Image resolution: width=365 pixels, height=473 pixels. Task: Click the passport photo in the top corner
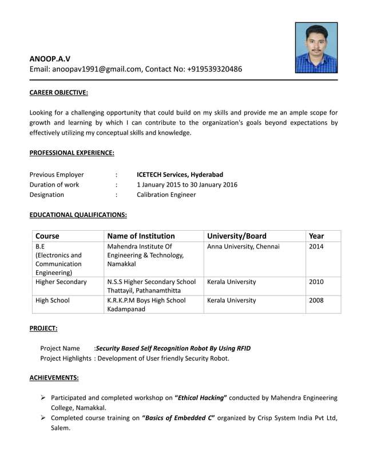point(316,48)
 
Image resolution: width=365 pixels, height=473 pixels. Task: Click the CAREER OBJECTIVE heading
point(58,92)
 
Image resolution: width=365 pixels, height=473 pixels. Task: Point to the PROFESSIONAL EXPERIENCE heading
point(72,153)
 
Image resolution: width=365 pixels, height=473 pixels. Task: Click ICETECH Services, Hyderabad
point(180,175)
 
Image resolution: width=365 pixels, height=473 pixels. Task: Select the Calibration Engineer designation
point(166,195)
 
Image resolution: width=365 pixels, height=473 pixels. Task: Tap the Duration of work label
point(54,184)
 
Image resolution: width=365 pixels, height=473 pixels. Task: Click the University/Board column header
point(236,236)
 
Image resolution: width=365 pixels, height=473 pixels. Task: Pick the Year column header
point(316,236)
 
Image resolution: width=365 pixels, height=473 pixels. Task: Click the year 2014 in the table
point(316,247)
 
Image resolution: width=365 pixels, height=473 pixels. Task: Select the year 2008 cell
point(316,300)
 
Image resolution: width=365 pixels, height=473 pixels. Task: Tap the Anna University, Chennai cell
point(243,247)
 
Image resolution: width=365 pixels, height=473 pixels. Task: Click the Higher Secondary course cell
point(61,282)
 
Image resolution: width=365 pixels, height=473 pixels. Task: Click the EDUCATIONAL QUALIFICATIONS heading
point(78,215)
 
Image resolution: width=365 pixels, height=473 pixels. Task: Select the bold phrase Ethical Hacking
point(201,397)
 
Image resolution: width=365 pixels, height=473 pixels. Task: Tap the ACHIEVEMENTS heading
point(54,378)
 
